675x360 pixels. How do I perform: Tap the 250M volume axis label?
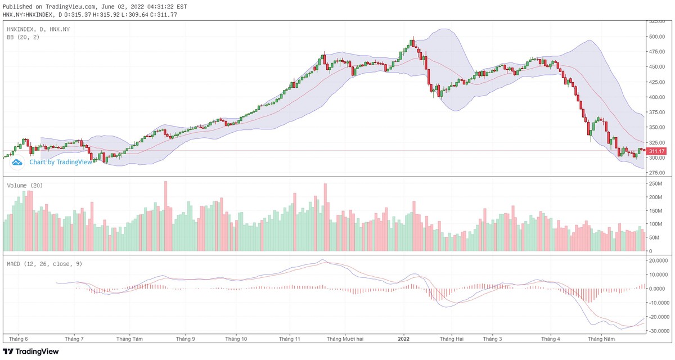coord(656,184)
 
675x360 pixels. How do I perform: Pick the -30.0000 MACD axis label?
coord(659,331)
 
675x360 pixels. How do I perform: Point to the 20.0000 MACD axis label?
coord(659,260)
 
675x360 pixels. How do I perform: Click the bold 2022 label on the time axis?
coord(403,339)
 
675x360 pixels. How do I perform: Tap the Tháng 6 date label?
coord(19,339)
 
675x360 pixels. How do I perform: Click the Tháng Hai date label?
coord(452,339)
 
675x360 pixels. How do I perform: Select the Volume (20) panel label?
coord(25,185)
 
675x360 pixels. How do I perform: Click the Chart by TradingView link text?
coord(60,162)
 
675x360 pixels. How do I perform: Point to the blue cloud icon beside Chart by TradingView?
coord(17,162)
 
